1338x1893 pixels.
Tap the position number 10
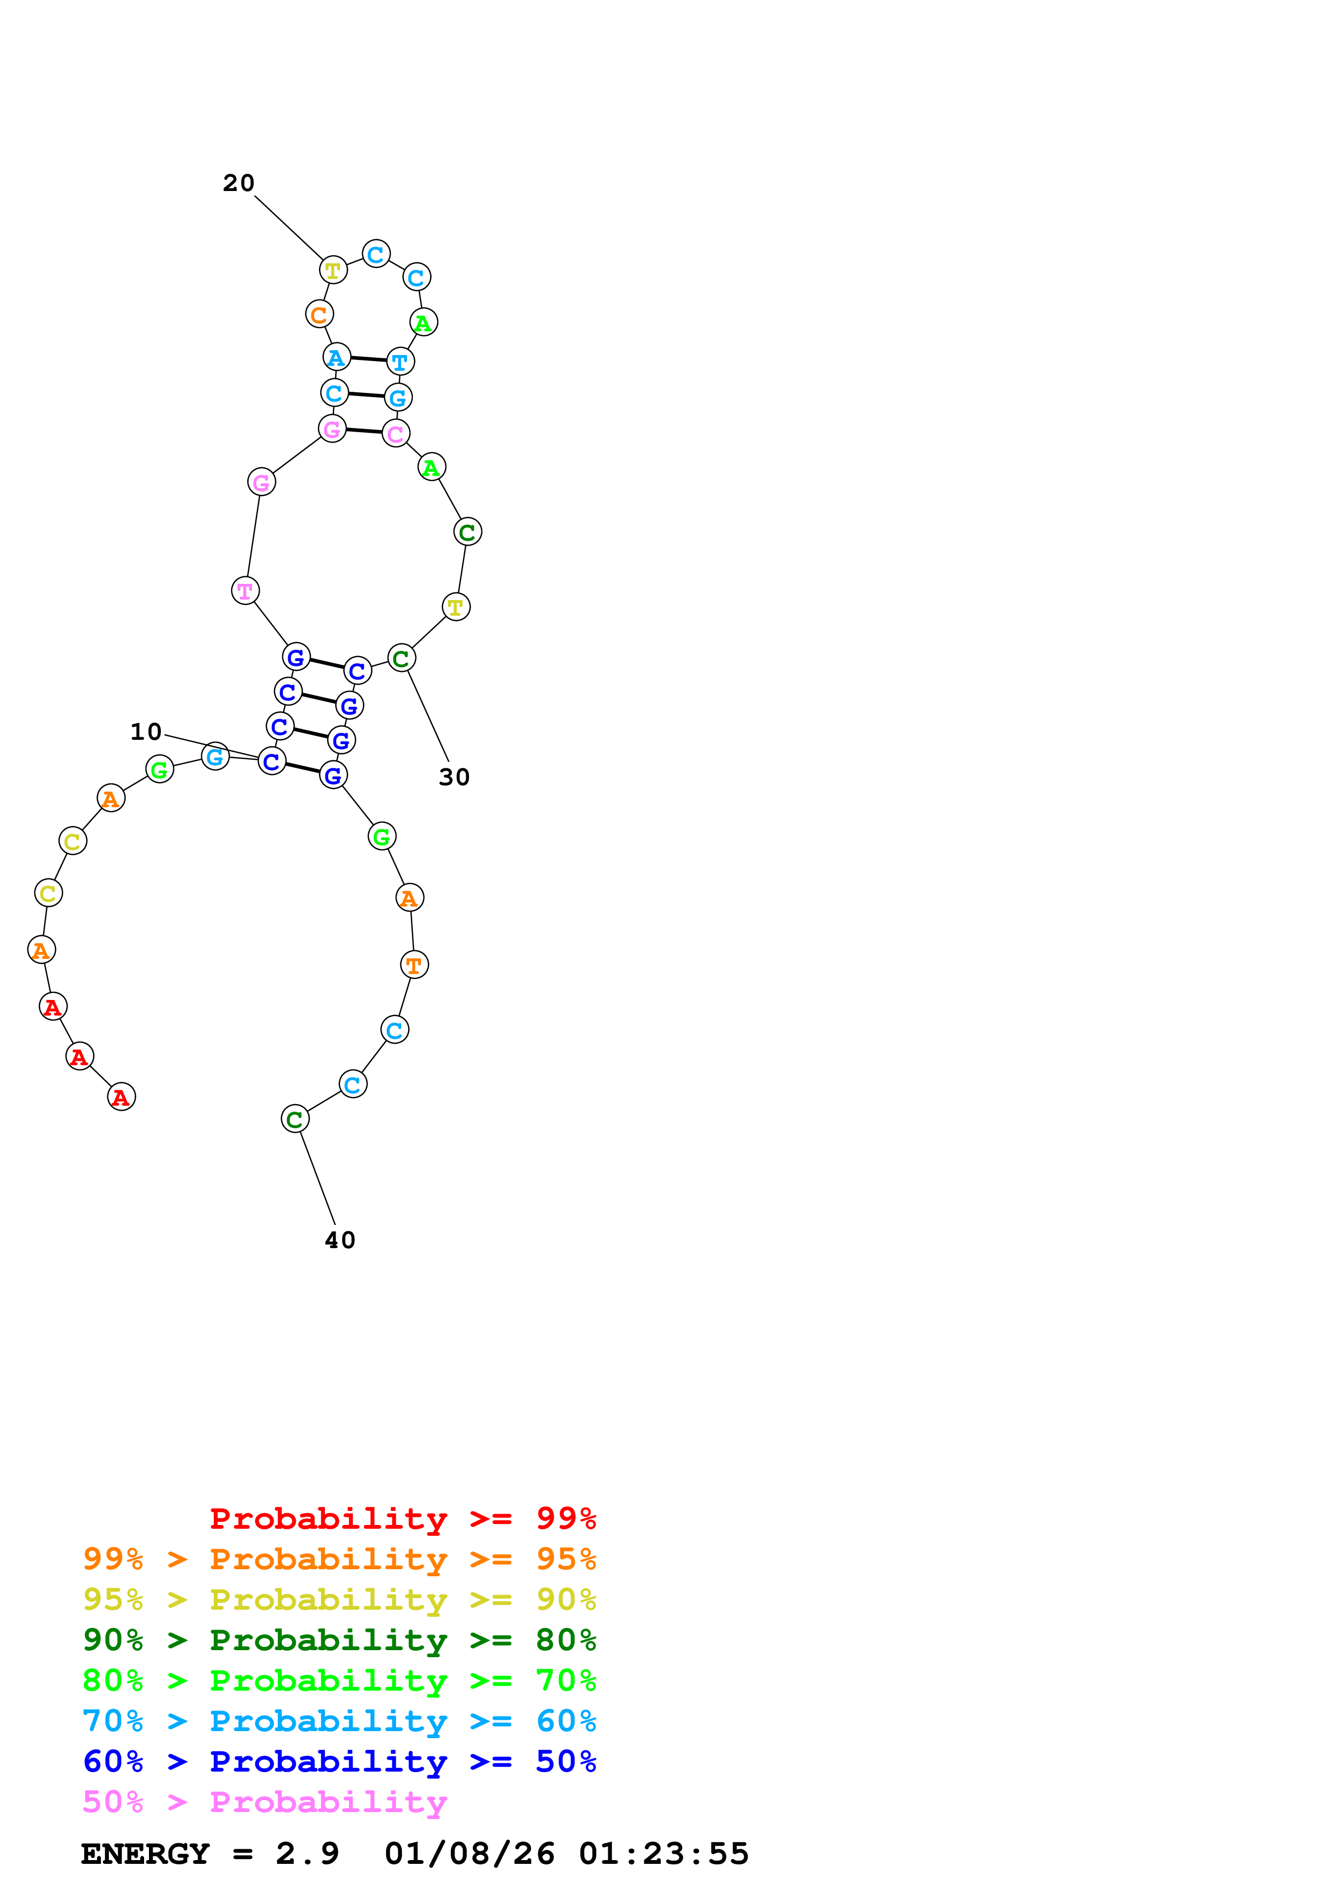tap(146, 731)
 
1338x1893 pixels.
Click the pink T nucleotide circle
tap(245, 590)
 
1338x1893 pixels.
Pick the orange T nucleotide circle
tap(414, 965)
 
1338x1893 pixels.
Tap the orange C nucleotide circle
tap(319, 314)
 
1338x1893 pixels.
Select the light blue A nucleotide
tap(336, 358)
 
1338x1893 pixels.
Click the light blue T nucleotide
tap(400, 361)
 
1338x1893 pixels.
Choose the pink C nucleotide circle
tap(396, 434)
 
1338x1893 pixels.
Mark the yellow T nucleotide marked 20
tap(333, 270)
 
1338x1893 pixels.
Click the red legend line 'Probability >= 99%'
tap(402, 1519)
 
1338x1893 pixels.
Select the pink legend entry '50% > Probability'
tap(264, 1802)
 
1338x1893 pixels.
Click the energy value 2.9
tap(307, 1854)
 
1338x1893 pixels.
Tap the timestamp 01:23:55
tap(664, 1854)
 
